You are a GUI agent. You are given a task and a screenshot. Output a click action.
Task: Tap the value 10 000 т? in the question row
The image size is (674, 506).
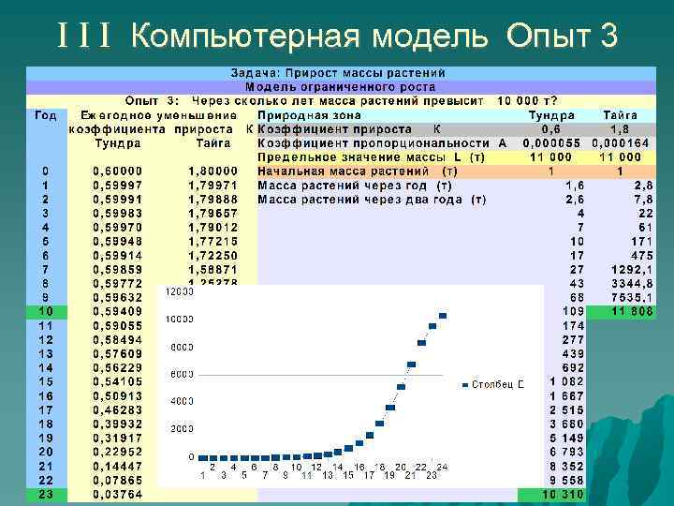click(x=527, y=100)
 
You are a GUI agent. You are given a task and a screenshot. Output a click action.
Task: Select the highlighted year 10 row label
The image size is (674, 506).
click(x=45, y=310)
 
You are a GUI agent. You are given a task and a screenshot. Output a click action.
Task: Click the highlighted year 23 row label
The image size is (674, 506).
click(x=45, y=494)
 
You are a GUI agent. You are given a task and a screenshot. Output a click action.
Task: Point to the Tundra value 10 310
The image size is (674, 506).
click(x=565, y=494)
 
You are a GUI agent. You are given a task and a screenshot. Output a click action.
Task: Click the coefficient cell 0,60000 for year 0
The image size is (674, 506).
click(x=118, y=171)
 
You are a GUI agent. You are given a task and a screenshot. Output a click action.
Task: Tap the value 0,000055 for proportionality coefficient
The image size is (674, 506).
click(x=551, y=142)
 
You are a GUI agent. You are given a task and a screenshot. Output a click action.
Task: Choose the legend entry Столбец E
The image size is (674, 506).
click(x=496, y=384)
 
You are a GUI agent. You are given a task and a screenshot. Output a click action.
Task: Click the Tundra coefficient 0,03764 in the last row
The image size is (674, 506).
click(x=118, y=494)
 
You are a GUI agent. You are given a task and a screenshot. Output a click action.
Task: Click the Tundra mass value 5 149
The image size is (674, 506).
click(x=566, y=438)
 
